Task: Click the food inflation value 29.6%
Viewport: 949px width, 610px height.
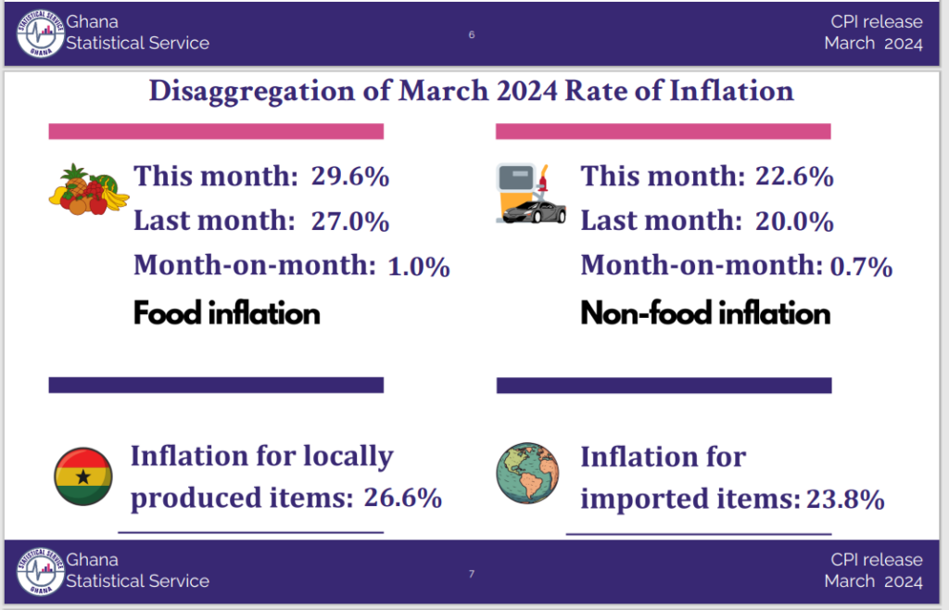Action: (x=349, y=176)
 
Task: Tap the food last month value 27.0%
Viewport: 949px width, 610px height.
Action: (x=349, y=221)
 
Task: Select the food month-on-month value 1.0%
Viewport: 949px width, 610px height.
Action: (x=418, y=266)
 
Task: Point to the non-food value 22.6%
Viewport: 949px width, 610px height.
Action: (x=794, y=176)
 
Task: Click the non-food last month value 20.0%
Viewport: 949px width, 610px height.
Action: (x=794, y=221)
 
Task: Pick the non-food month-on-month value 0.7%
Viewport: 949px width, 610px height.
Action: (x=861, y=266)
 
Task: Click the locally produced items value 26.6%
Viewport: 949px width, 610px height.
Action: (x=402, y=498)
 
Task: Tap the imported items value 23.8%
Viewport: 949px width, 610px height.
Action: (x=845, y=500)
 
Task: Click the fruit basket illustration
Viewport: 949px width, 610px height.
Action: (x=89, y=189)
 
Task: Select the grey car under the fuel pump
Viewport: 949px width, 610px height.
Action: (x=534, y=211)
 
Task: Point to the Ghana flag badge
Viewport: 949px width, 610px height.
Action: (x=83, y=477)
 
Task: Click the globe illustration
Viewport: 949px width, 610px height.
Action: (x=527, y=473)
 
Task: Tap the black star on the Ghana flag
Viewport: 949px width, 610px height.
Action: (x=83, y=477)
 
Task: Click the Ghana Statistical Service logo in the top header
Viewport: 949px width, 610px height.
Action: (x=40, y=33)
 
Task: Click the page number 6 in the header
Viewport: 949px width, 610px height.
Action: (x=472, y=34)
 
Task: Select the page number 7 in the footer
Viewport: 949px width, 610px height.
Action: (x=472, y=574)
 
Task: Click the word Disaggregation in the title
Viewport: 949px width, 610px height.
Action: (x=252, y=92)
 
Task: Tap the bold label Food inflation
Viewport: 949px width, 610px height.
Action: (x=226, y=312)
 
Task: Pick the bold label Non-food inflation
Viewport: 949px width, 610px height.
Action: (x=705, y=312)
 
